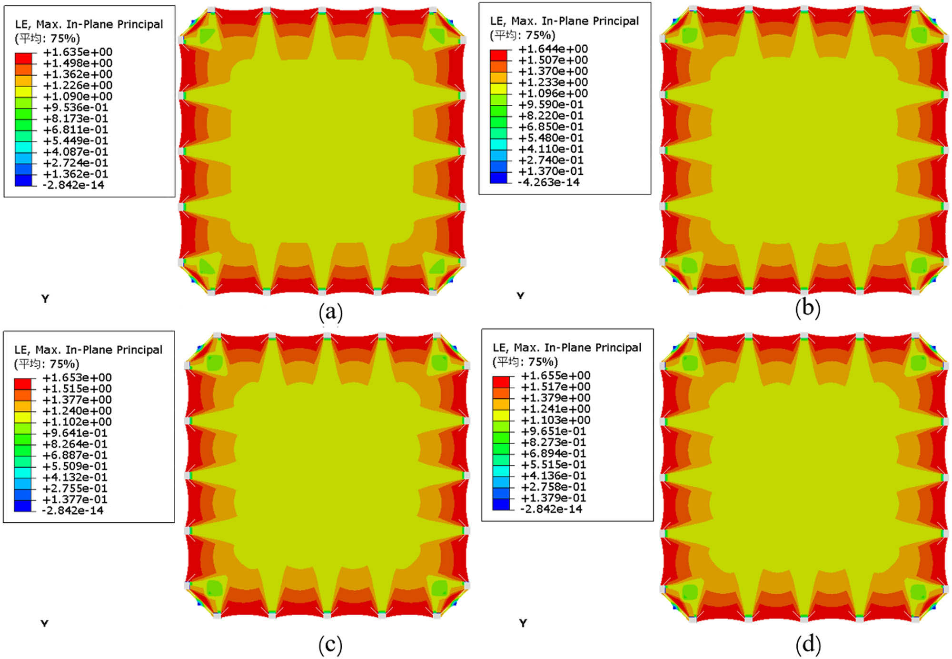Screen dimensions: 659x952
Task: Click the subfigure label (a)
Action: (331, 312)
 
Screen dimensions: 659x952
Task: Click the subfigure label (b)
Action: (808, 308)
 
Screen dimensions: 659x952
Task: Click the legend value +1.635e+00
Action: (78, 52)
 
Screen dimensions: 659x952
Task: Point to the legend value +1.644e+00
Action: (553, 49)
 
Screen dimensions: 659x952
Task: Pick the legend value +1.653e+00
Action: (77, 378)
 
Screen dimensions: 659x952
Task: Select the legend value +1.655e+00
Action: (555, 376)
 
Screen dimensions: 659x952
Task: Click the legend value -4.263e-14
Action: (549, 182)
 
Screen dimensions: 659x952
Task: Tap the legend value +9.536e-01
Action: (75, 108)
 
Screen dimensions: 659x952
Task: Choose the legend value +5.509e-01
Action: (75, 466)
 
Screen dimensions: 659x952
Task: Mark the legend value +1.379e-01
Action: (553, 498)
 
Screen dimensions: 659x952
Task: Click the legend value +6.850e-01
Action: (551, 127)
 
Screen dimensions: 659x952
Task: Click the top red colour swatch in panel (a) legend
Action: (23, 58)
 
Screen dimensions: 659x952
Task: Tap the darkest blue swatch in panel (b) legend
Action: (498, 178)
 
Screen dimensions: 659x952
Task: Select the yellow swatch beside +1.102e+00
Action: (22, 417)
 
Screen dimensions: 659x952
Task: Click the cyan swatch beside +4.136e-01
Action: (501, 471)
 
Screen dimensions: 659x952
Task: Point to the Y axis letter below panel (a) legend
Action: (45, 299)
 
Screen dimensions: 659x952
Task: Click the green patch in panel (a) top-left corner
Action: (207, 36)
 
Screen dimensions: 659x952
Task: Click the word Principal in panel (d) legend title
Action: (617, 348)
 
